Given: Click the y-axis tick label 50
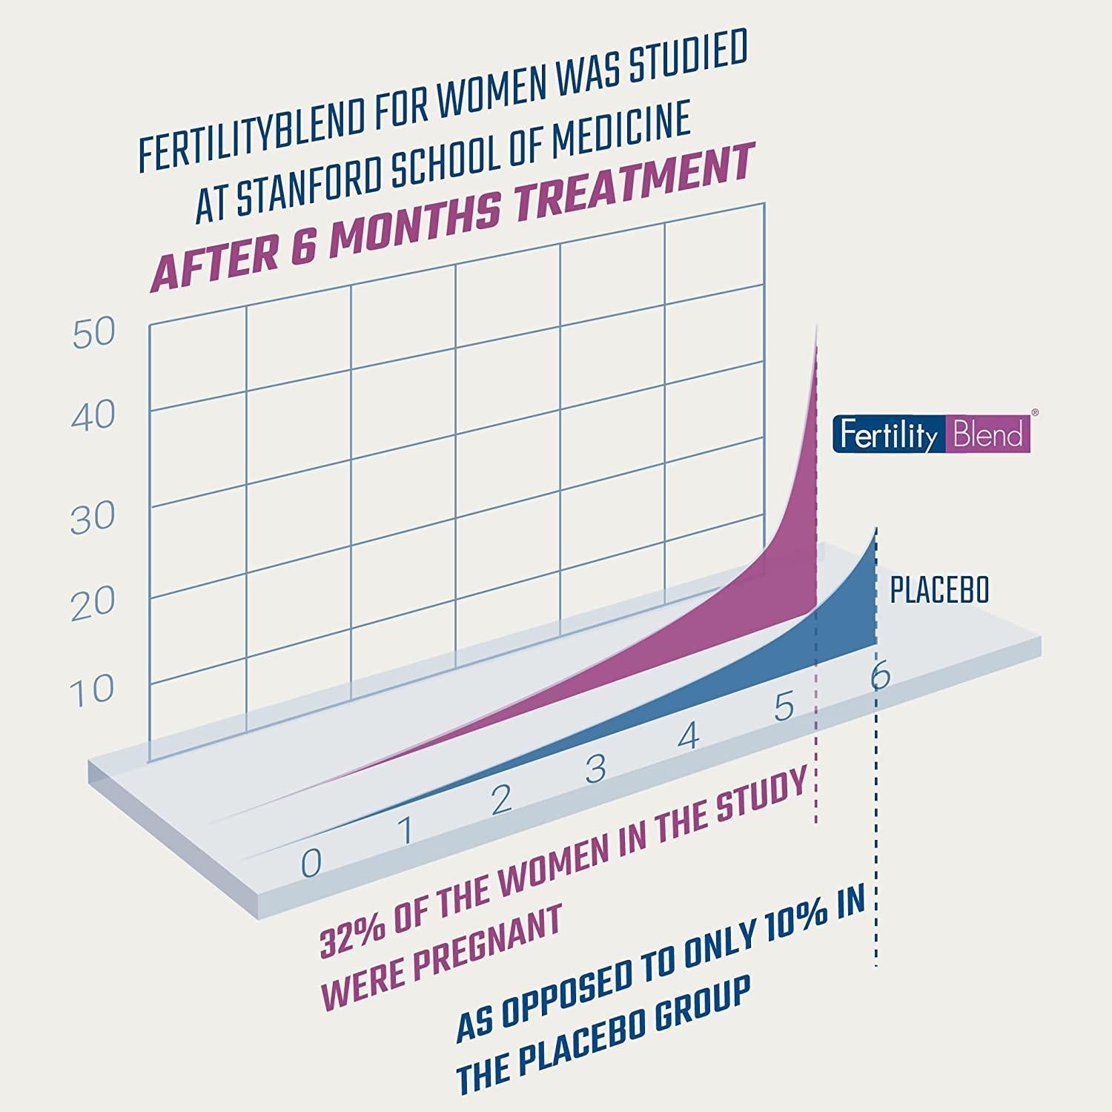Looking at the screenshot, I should [94, 334].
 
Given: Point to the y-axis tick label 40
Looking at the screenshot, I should [93, 417].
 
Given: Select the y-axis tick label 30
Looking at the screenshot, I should [93, 517].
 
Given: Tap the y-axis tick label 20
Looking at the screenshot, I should [93, 605].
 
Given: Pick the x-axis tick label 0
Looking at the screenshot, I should [311, 862].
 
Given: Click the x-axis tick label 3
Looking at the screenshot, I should [595, 769].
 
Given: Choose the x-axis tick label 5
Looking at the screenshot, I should [784, 706].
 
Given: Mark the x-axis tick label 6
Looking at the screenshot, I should [880, 676].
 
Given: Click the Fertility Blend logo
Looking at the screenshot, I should [931, 434].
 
